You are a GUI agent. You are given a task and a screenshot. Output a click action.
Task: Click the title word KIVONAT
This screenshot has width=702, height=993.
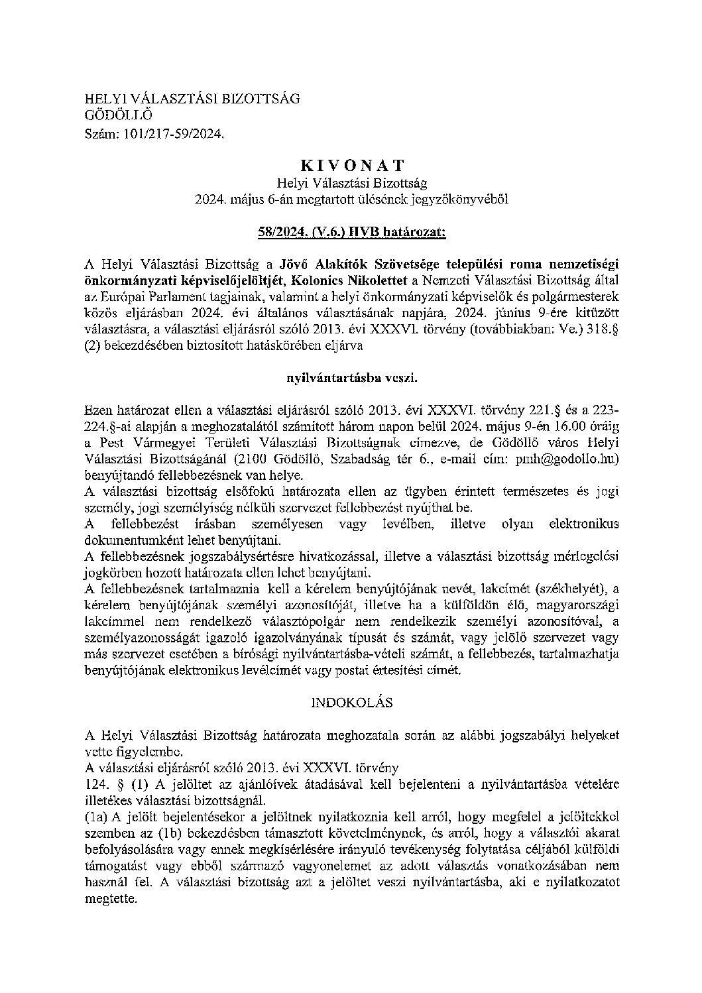pos(351,165)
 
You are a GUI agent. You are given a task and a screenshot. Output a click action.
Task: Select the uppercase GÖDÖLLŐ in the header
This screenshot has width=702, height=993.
pos(109,116)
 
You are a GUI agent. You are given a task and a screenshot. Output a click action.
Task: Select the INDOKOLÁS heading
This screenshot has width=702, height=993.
pos(351,701)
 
